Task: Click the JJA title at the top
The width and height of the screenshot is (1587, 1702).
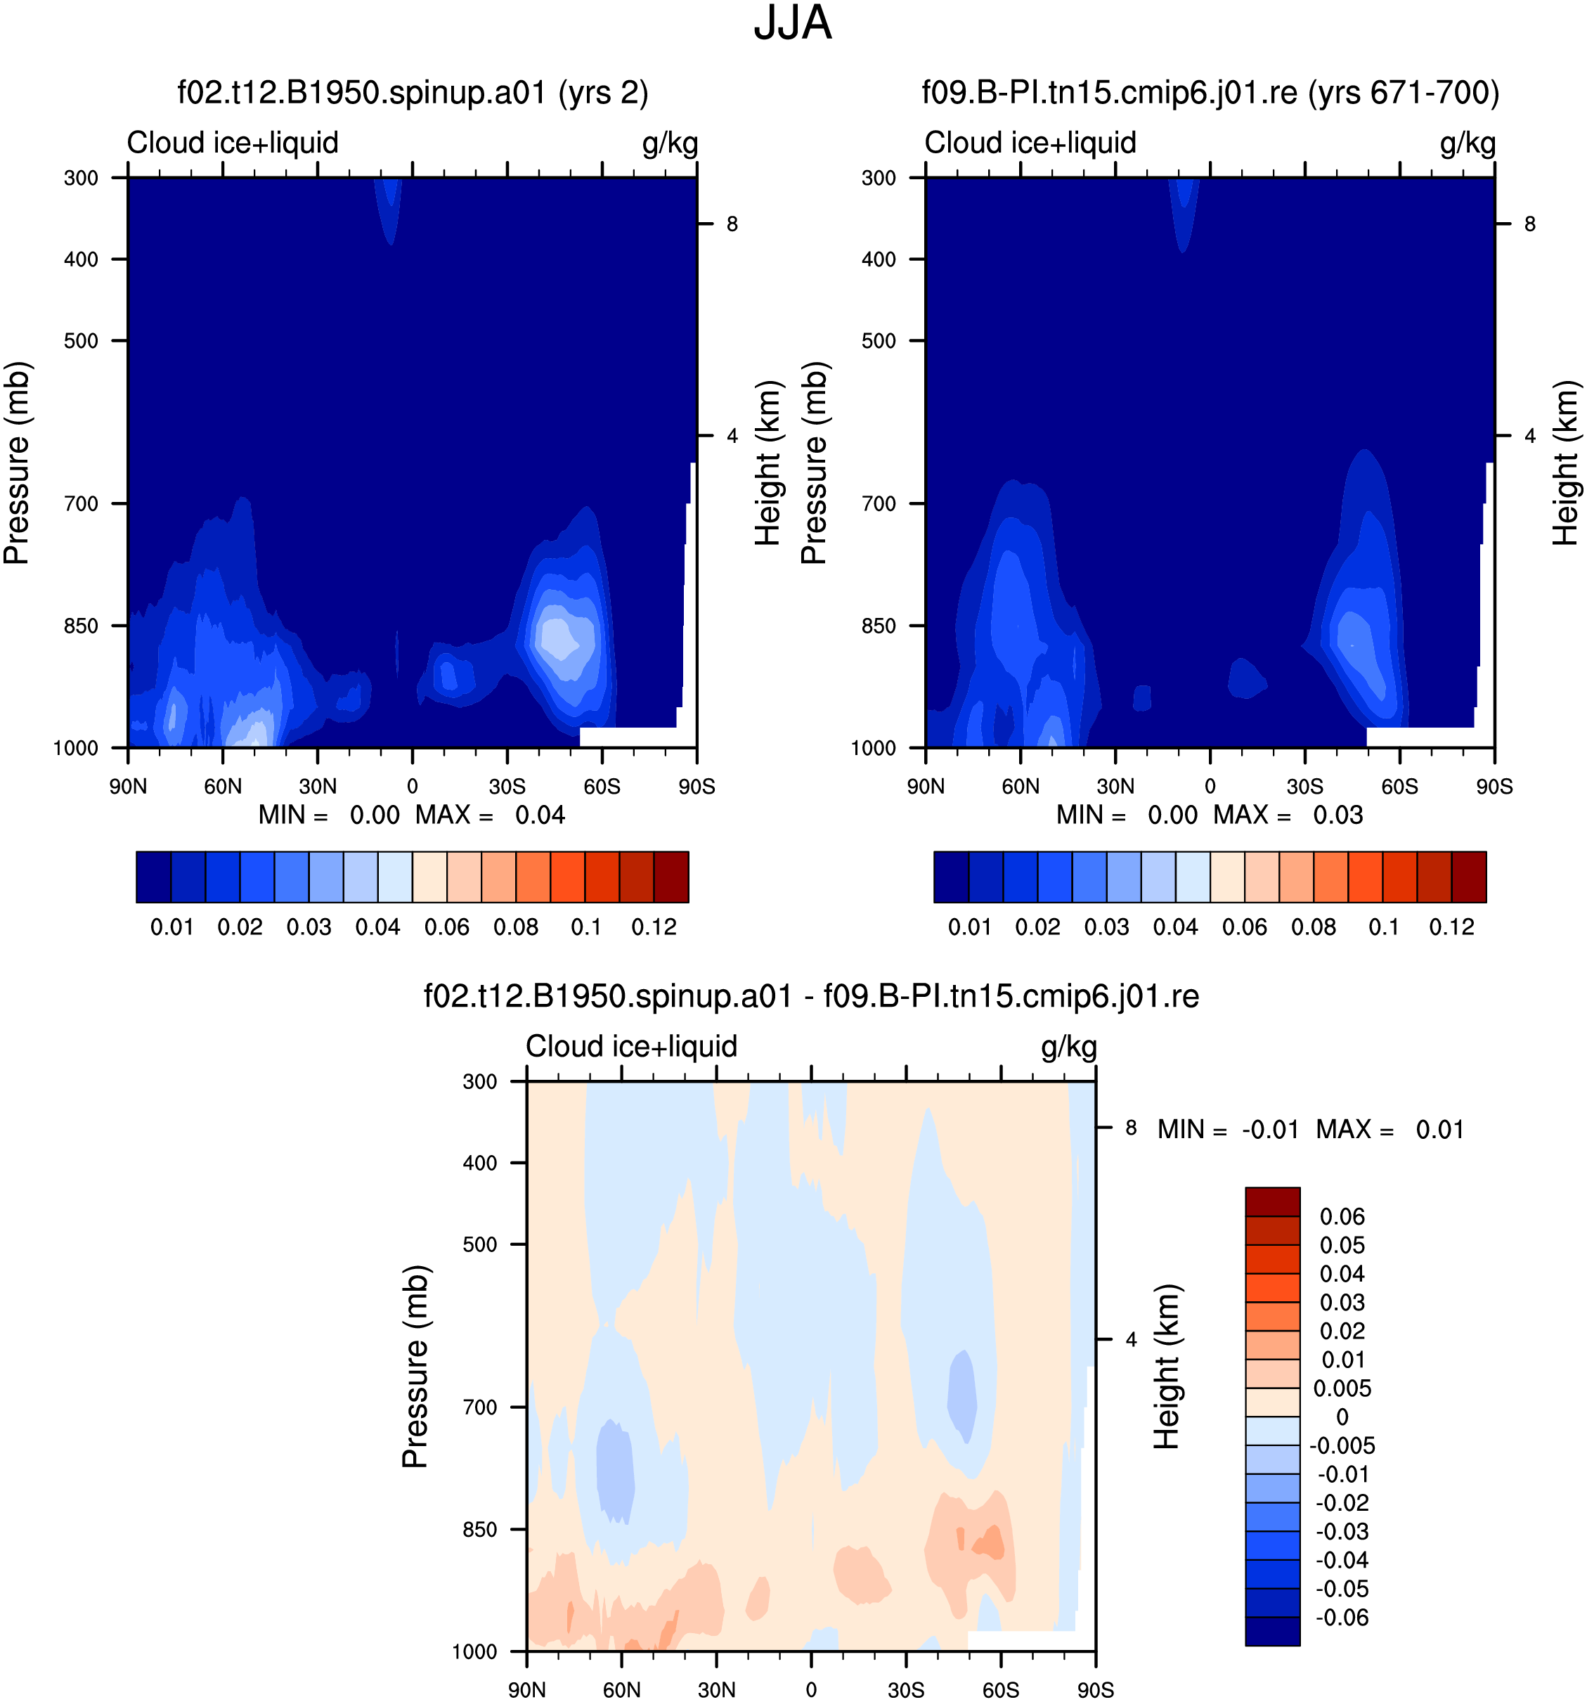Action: [792, 24]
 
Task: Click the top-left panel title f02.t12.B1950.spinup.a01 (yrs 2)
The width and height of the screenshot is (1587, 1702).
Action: [413, 93]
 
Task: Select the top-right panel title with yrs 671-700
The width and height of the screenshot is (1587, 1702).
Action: [1210, 93]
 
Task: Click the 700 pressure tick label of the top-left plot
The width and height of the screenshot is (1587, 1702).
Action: [82, 504]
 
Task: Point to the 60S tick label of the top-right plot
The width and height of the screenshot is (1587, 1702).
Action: [1399, 787]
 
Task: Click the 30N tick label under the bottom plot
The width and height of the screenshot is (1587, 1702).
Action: [716, 1690]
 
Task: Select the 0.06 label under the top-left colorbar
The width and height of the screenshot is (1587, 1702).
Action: [447, 927]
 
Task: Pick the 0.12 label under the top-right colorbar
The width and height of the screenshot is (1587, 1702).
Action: [1452, 927]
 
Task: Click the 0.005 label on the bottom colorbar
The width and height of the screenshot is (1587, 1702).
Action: [1342, 1388]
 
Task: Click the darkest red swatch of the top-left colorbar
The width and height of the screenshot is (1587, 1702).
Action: [671, 877]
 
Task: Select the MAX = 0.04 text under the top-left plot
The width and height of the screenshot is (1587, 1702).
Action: [491, 815]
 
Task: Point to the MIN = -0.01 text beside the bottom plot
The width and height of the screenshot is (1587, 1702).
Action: [1229, 1130]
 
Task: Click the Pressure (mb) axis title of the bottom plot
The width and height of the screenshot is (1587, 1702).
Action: [415, 1367]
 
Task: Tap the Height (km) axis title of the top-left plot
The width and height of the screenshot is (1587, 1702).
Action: [769, 463]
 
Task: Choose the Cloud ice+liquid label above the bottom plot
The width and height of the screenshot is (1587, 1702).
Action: [632, 1047]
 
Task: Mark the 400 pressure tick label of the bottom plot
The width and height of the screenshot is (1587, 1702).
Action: [480, 1163]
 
